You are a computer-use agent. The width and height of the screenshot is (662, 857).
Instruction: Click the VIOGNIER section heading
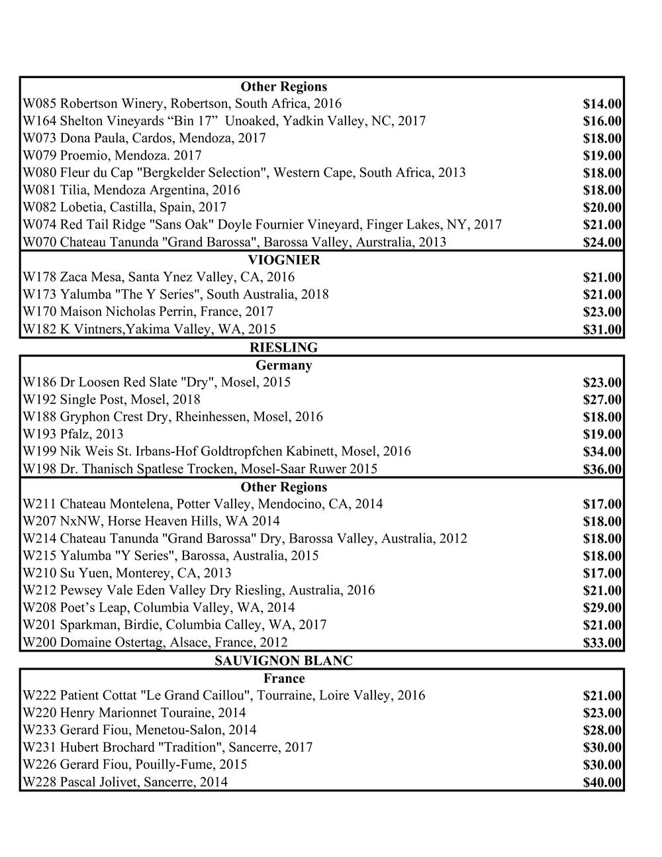click(x=284, y=260)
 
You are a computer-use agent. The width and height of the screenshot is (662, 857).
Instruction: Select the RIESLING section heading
click(x=284, y=348)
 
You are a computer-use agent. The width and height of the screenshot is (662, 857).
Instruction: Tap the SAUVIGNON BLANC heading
click(x=284, y=661)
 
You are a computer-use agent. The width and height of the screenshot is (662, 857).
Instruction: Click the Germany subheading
click(x=284, y=365)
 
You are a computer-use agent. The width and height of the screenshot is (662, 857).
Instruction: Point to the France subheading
click(x=284, y=678)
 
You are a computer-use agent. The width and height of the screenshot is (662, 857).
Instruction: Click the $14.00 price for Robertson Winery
click(x=602, y=104)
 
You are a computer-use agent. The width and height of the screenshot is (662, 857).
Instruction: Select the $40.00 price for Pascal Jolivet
click(x=602, y=783)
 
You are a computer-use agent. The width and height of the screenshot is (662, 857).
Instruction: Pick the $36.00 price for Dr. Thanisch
click(x=602, y=470)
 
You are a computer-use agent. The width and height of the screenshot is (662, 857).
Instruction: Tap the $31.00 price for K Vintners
click(x=602, y=330)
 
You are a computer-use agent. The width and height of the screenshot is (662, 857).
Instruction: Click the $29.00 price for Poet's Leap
click(x=602, y=608)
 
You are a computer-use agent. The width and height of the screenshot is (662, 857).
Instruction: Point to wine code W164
click(x=40, y=121)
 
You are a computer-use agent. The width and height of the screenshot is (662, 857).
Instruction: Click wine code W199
click(x=40, y=452)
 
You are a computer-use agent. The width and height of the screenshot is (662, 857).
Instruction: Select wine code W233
click(x=40, y=731)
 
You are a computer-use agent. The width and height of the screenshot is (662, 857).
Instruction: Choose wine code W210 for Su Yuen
click(x=40, y=574)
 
